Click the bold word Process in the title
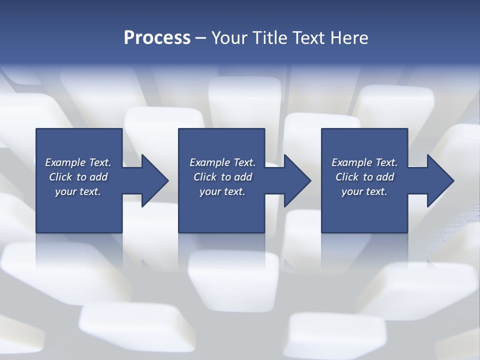pyautogui.click(x=157, y=37)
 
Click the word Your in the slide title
pyautogui.click(x=230, y=37)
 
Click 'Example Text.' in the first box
pyautogui.click(x=78, y=162)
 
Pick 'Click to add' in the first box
pyautogui.click(x=78, y=177)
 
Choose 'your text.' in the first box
pyautogui.click(x=78, y=191)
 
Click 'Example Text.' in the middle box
pyautogui.click(x=222, y=162)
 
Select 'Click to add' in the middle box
pyautogui.click(x=222, y=177)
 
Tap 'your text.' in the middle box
pyautogui.click(x=222, y=191)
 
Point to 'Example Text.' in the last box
pyautogui.click(x=364, y=162)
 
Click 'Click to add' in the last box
pyautogui.click(x=364, y=177)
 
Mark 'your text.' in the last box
pyautogui.click(x=364, y=191)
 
